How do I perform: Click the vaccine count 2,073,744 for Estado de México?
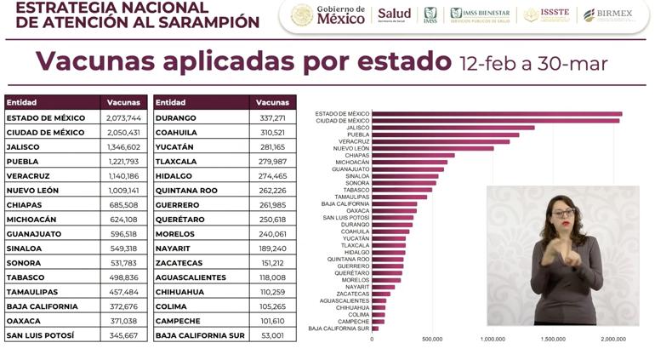point(123,117)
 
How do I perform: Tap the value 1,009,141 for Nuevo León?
point(123,190)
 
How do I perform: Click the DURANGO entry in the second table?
point(176,117)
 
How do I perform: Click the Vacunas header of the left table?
point(123,102)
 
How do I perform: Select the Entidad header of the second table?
point(170,102)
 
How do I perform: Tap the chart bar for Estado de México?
point(496,113)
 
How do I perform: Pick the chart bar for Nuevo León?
point(432,148)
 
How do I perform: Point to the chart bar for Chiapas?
point(413,155)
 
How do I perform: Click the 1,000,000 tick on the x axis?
point(493,339)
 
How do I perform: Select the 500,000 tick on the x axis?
point(432,339)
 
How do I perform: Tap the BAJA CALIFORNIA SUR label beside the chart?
point(339,328)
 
